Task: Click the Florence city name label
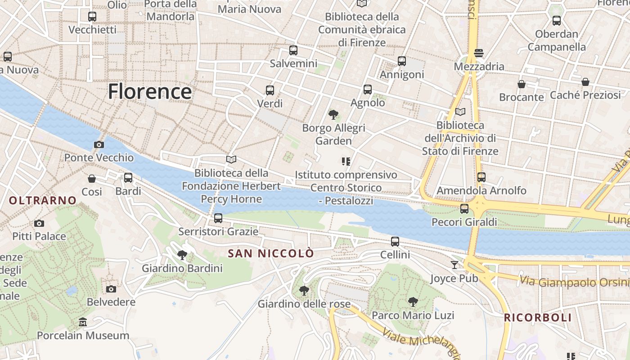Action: point(149,91)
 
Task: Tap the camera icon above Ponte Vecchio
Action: point(99,144)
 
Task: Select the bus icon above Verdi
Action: point(270,90)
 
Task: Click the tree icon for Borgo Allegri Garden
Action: point(333,115)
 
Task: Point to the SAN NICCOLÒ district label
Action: point(271,253)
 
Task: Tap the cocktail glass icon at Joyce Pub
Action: point(454,265)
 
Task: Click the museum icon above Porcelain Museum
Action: point(83,322)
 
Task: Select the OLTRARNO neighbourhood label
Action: point(43,201)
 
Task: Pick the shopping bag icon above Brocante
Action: point(522,84)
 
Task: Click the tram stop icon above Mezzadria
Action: point(479,53)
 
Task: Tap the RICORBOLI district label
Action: point(538,318)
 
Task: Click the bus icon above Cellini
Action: point(395,242)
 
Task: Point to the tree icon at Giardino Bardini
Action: point(182,255)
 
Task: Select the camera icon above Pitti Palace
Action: point(39,223)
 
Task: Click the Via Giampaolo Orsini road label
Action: point(574,282)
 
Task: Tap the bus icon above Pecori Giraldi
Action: point(464,209)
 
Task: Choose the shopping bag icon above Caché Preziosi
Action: point(585,82)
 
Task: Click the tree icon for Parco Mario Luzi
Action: point(413,302)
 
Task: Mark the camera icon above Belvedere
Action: point(111,289)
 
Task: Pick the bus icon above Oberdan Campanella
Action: point(557,21)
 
